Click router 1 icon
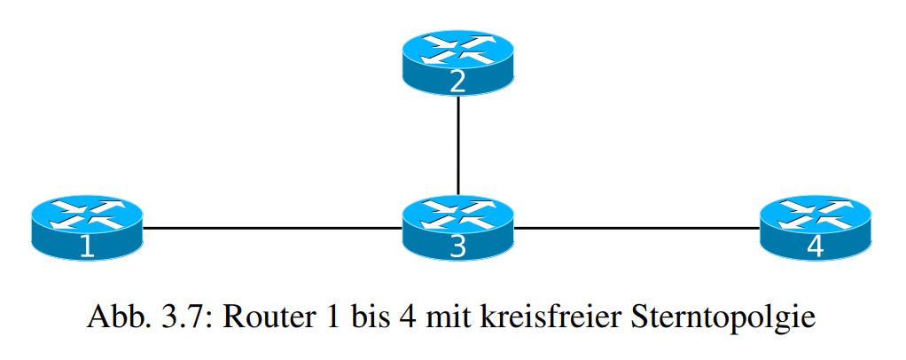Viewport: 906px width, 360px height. click(86, 229)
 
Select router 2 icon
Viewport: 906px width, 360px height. click(457, 63)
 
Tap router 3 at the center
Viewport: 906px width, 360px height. click(457, 229)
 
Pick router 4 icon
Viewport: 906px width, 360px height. click(816, 229)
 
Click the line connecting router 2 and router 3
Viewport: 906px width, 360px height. click(457, 146)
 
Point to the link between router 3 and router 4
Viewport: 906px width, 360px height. click(637, 229)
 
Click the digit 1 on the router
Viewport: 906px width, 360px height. click(86, 247)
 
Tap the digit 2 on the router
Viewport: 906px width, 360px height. click(457, 82)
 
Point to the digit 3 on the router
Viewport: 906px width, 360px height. click(457, 247)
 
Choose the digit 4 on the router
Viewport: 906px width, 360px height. click(816, 247)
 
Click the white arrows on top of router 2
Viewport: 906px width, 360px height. click(457, 49)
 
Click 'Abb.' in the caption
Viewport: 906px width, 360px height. click(113, 317)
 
